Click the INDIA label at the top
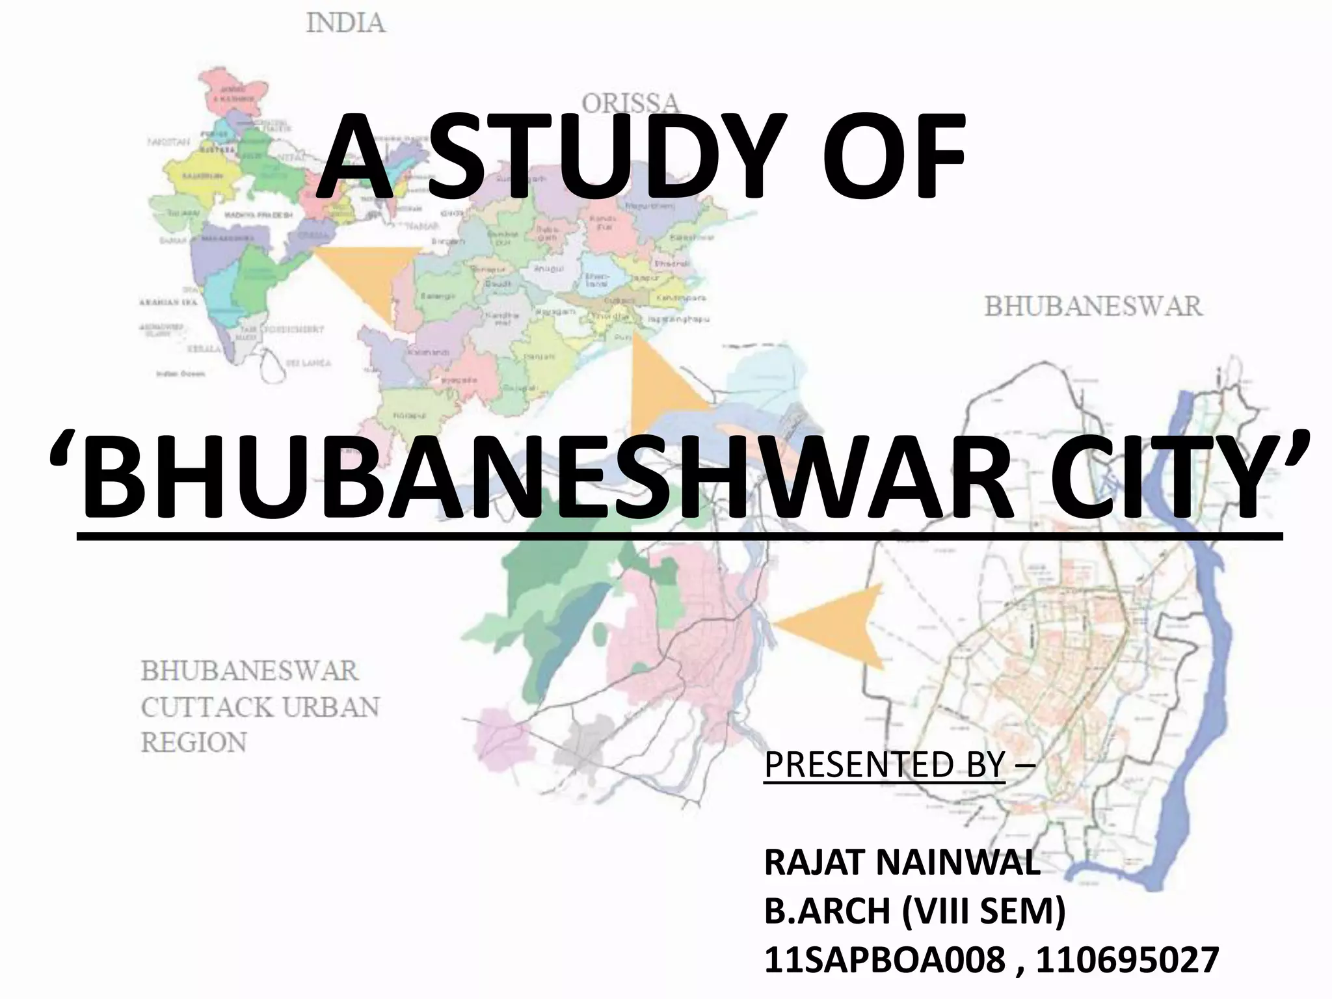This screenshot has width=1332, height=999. tap(345, 24)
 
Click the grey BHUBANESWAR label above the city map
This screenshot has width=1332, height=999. tap(1093, 306)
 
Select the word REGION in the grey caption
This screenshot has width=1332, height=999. tap(194, 742)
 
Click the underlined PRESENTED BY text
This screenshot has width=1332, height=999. tap(885, 764)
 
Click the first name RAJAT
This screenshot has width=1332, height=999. tap(818, 864)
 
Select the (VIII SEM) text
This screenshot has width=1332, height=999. tap(983, 912)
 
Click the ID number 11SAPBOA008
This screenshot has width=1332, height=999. tap(885, 960)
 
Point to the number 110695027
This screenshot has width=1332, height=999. tap(1127, 960)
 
